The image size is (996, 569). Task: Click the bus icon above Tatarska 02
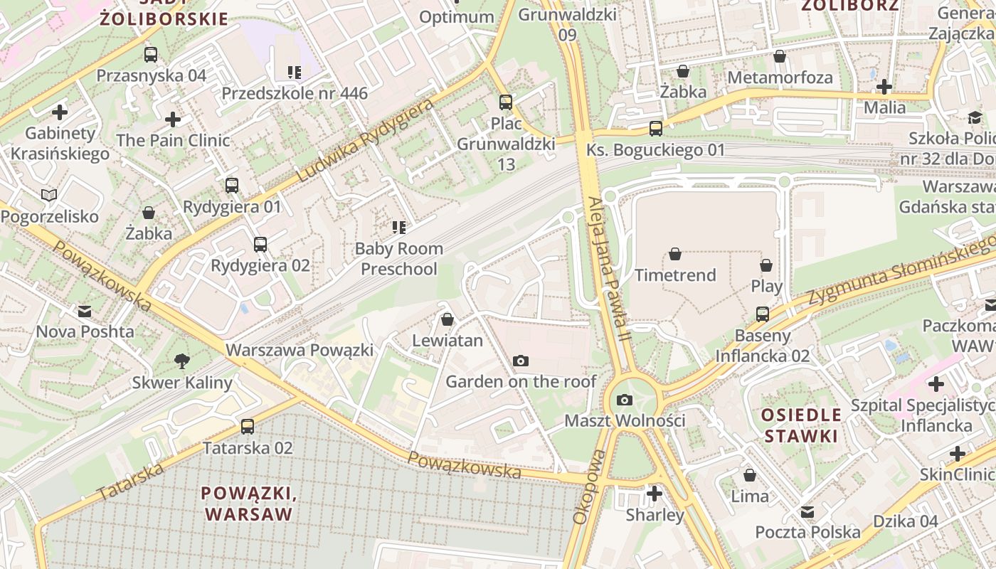247,427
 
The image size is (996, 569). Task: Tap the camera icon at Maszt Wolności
625,400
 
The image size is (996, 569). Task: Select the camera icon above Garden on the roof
521,361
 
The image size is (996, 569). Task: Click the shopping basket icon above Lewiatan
447,320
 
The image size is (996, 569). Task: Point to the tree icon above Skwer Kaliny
182,361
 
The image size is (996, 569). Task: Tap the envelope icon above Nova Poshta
85,311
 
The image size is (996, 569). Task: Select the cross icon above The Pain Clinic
173,119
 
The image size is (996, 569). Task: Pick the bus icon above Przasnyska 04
151,55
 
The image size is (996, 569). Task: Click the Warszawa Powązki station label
300,350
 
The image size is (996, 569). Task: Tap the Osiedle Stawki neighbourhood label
801,425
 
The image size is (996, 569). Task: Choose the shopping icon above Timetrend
675,254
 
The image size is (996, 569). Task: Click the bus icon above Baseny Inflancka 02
763,314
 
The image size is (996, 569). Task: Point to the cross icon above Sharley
655,494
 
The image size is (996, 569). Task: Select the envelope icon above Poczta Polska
807,511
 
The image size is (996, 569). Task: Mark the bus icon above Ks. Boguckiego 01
656,129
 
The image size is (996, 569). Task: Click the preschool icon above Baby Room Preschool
399,228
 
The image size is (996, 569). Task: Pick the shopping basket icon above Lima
750,475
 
